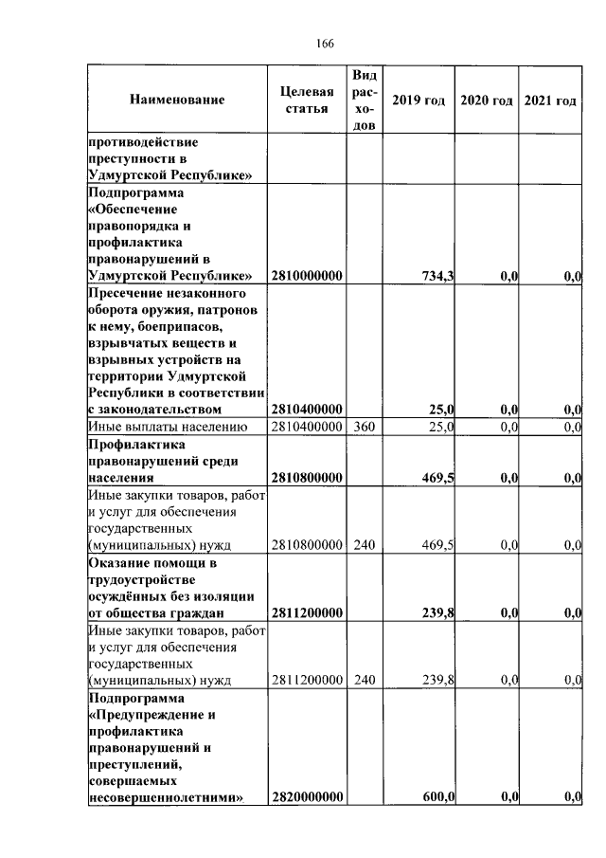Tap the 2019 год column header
click(418, 100)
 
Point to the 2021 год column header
click(550, 100)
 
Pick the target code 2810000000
click(306, 276)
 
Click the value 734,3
click(437, 276)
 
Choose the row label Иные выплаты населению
click(168, 428)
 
